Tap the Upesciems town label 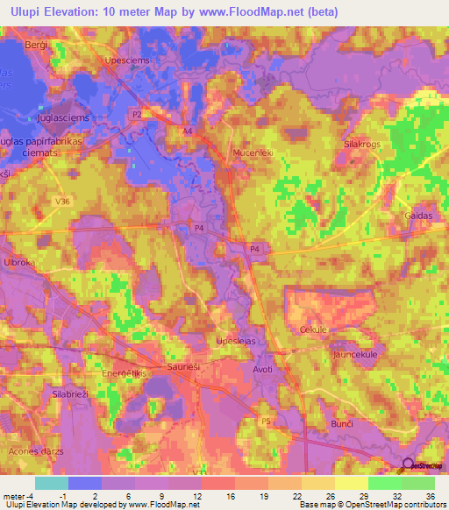[x=128, y=60]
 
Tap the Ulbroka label [x=18, y=262]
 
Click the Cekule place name [x=313, y=329]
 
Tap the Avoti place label [x=262, y=369]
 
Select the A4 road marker [x=187, y=131]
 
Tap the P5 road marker [x=266, y=422]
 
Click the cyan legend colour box [x=51, y=483]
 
